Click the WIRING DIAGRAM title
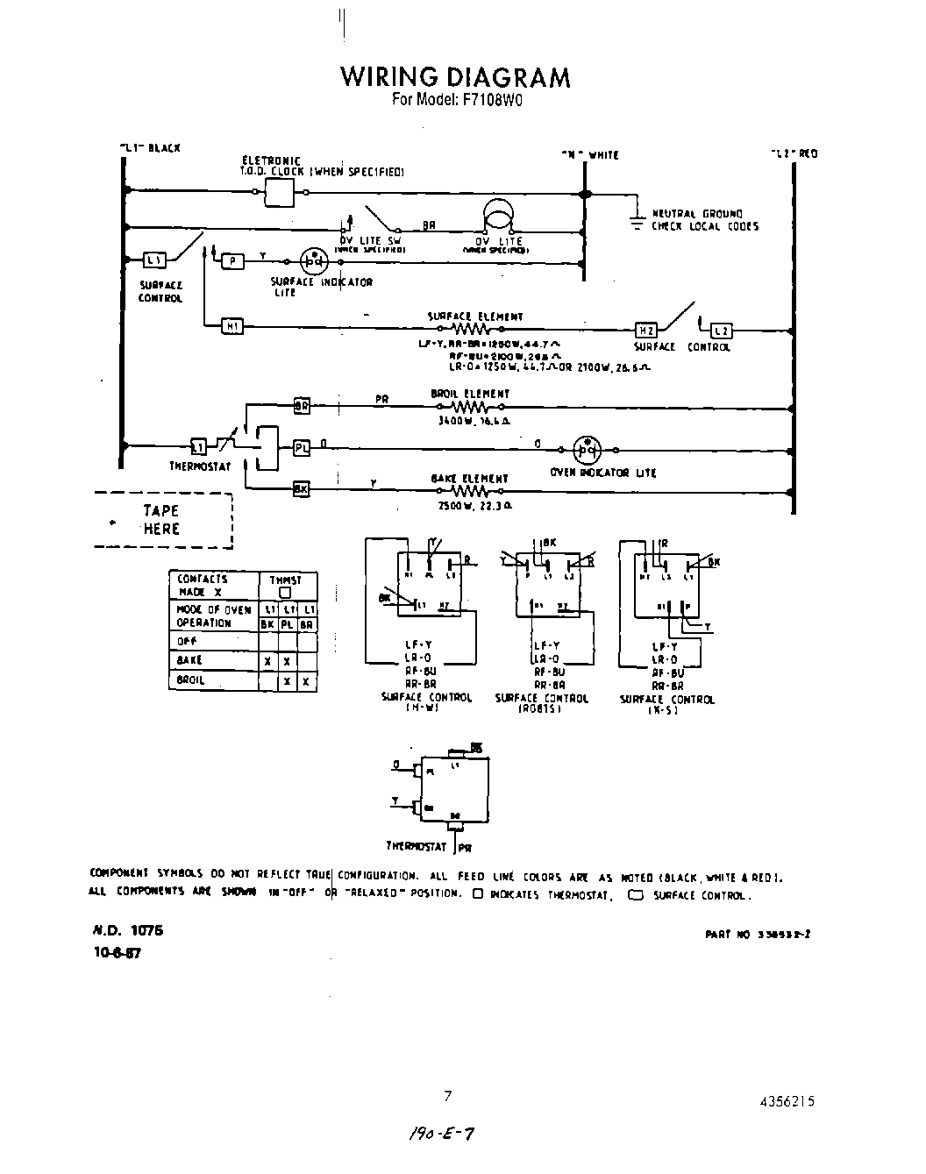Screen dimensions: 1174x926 (455, 77)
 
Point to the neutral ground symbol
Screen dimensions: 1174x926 (637, 220)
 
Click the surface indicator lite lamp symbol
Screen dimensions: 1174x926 (312, 261)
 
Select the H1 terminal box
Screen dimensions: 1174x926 (232, 327)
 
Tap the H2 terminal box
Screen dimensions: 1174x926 (645, 331)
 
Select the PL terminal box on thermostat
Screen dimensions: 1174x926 (301, 448)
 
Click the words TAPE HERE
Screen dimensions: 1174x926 (161, 520)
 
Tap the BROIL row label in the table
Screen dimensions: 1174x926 (190, 680)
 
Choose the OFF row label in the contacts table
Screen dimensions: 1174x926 (186, 641)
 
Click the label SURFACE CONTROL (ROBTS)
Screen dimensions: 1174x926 (541, 702)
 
